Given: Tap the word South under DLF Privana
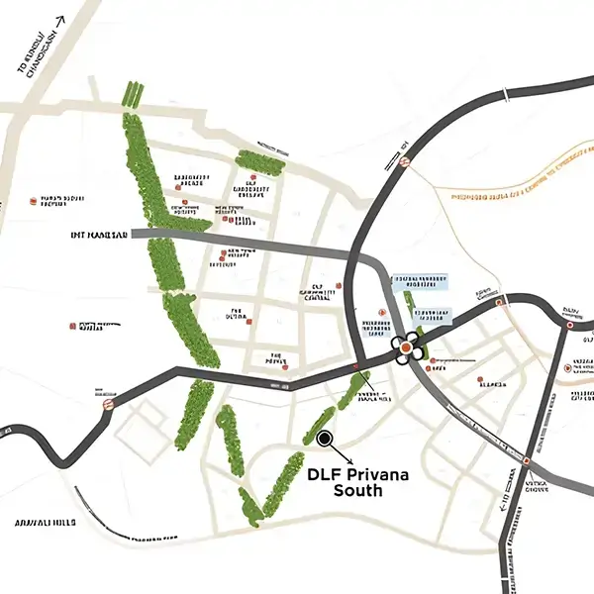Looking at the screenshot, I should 356,490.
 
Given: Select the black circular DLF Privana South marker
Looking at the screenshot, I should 325,437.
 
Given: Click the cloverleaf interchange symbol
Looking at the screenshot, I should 407,347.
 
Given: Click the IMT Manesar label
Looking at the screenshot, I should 99,236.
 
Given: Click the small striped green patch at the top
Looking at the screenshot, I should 132,94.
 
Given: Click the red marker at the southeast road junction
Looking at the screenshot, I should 527,461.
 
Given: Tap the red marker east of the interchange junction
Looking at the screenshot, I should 500,301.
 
